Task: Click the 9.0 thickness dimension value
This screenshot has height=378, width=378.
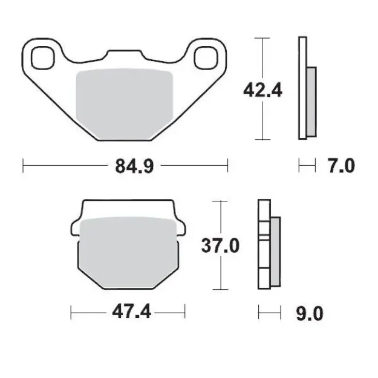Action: (310, 313)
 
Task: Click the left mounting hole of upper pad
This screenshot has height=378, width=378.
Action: (42, 57)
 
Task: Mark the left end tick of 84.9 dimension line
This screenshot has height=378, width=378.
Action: (23, 165)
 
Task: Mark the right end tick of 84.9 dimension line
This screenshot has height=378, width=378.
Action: (227, 165)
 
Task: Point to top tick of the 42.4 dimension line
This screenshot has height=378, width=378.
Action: (262, 38)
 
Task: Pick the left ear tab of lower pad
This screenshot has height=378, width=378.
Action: (77, 228)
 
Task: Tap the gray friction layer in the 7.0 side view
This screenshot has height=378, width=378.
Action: (311, 101)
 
